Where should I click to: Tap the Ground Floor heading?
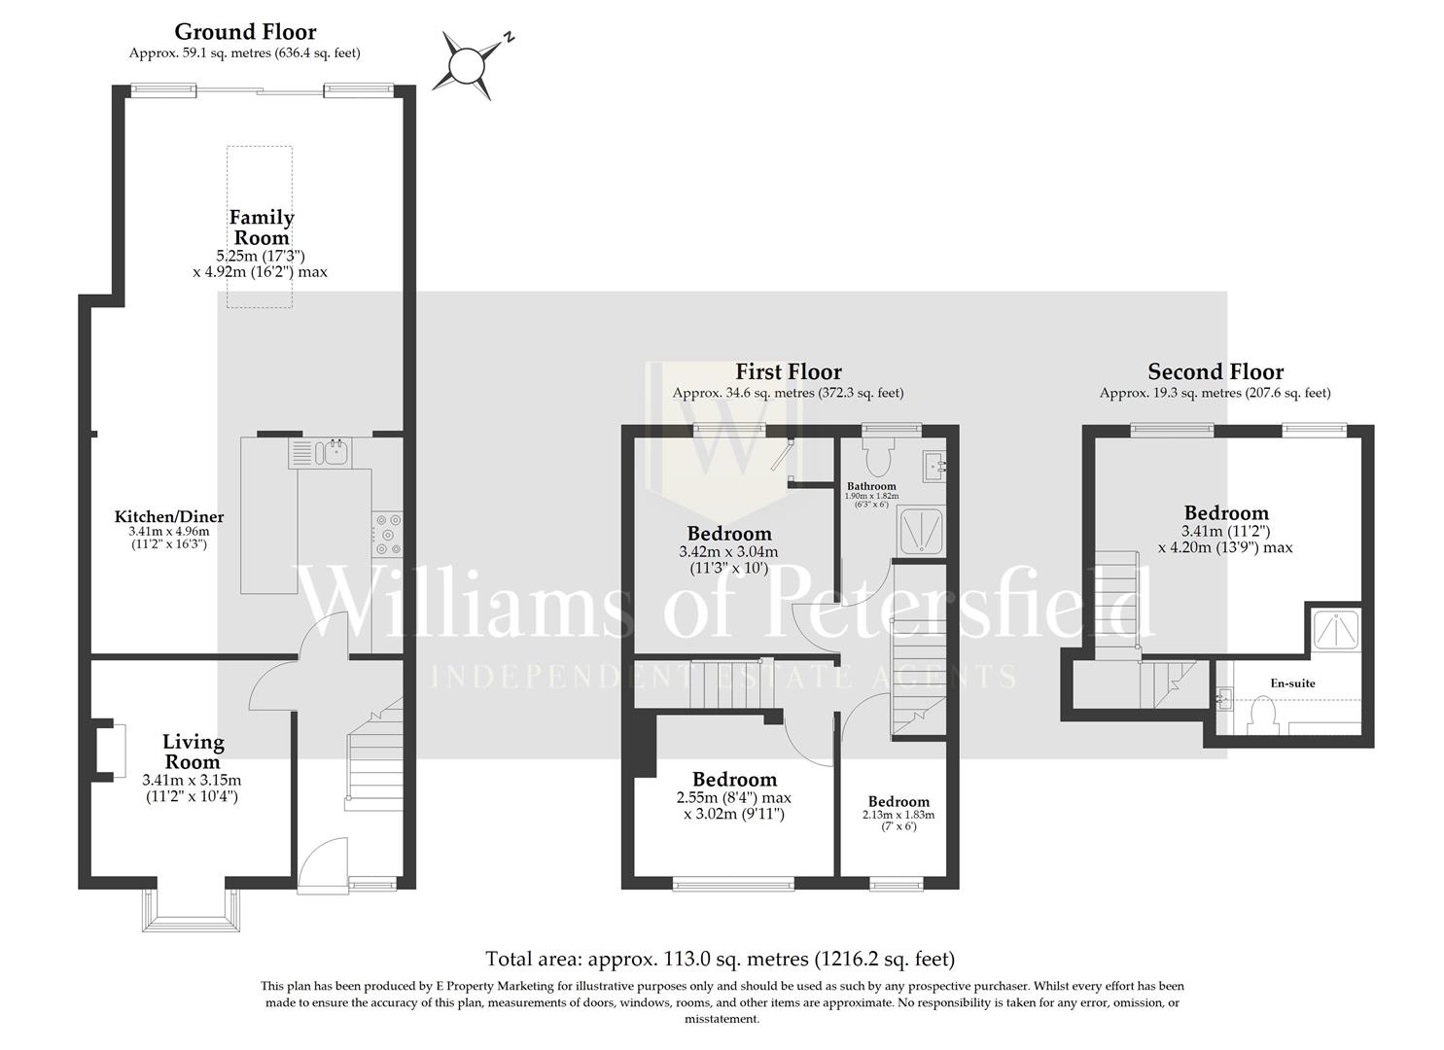(x=245, y=32)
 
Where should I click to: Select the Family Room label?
(x=262, y=227)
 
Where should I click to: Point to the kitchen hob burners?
(x=388, y=534)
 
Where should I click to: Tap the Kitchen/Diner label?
(x=169, y=517)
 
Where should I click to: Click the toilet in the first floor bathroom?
(x=878, y=456)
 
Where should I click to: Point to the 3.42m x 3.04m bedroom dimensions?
(x=729, y=559)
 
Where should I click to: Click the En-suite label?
(x=1292, y=683)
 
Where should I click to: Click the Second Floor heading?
(x=1215, y=371)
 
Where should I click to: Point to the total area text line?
(x=721, y=960)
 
